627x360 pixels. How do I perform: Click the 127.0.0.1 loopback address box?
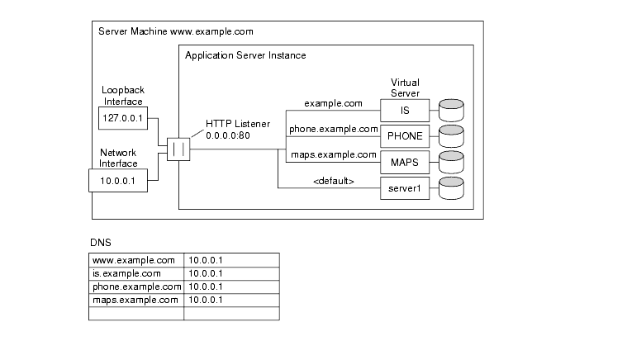pos(116,117)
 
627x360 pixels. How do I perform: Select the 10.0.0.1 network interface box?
pos(117,179)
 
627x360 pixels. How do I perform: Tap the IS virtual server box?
pos(405,109)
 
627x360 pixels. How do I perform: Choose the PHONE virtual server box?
pos(405,135)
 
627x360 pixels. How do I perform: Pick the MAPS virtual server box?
pos(405,162)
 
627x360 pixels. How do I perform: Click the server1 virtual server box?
pos(405,188)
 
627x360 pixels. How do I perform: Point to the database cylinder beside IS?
pos(451,109)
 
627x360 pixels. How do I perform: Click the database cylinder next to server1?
pos(451,188)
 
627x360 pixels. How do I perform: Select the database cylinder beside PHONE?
pos(451,135)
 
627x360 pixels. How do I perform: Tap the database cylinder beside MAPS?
pos(451,162)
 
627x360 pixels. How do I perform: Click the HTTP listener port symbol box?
pos(178,149)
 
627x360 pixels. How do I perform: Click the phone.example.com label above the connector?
pos(333,129)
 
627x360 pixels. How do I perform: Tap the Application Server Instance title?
pos(245,56)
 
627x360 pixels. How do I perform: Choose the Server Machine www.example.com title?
pos(175,31)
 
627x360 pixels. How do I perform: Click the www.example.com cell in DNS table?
pos(135,260)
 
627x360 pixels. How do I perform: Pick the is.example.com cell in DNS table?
pos(135,273)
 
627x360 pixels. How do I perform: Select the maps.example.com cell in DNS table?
pos(135,300)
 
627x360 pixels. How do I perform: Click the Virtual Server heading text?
pos(405,88)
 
